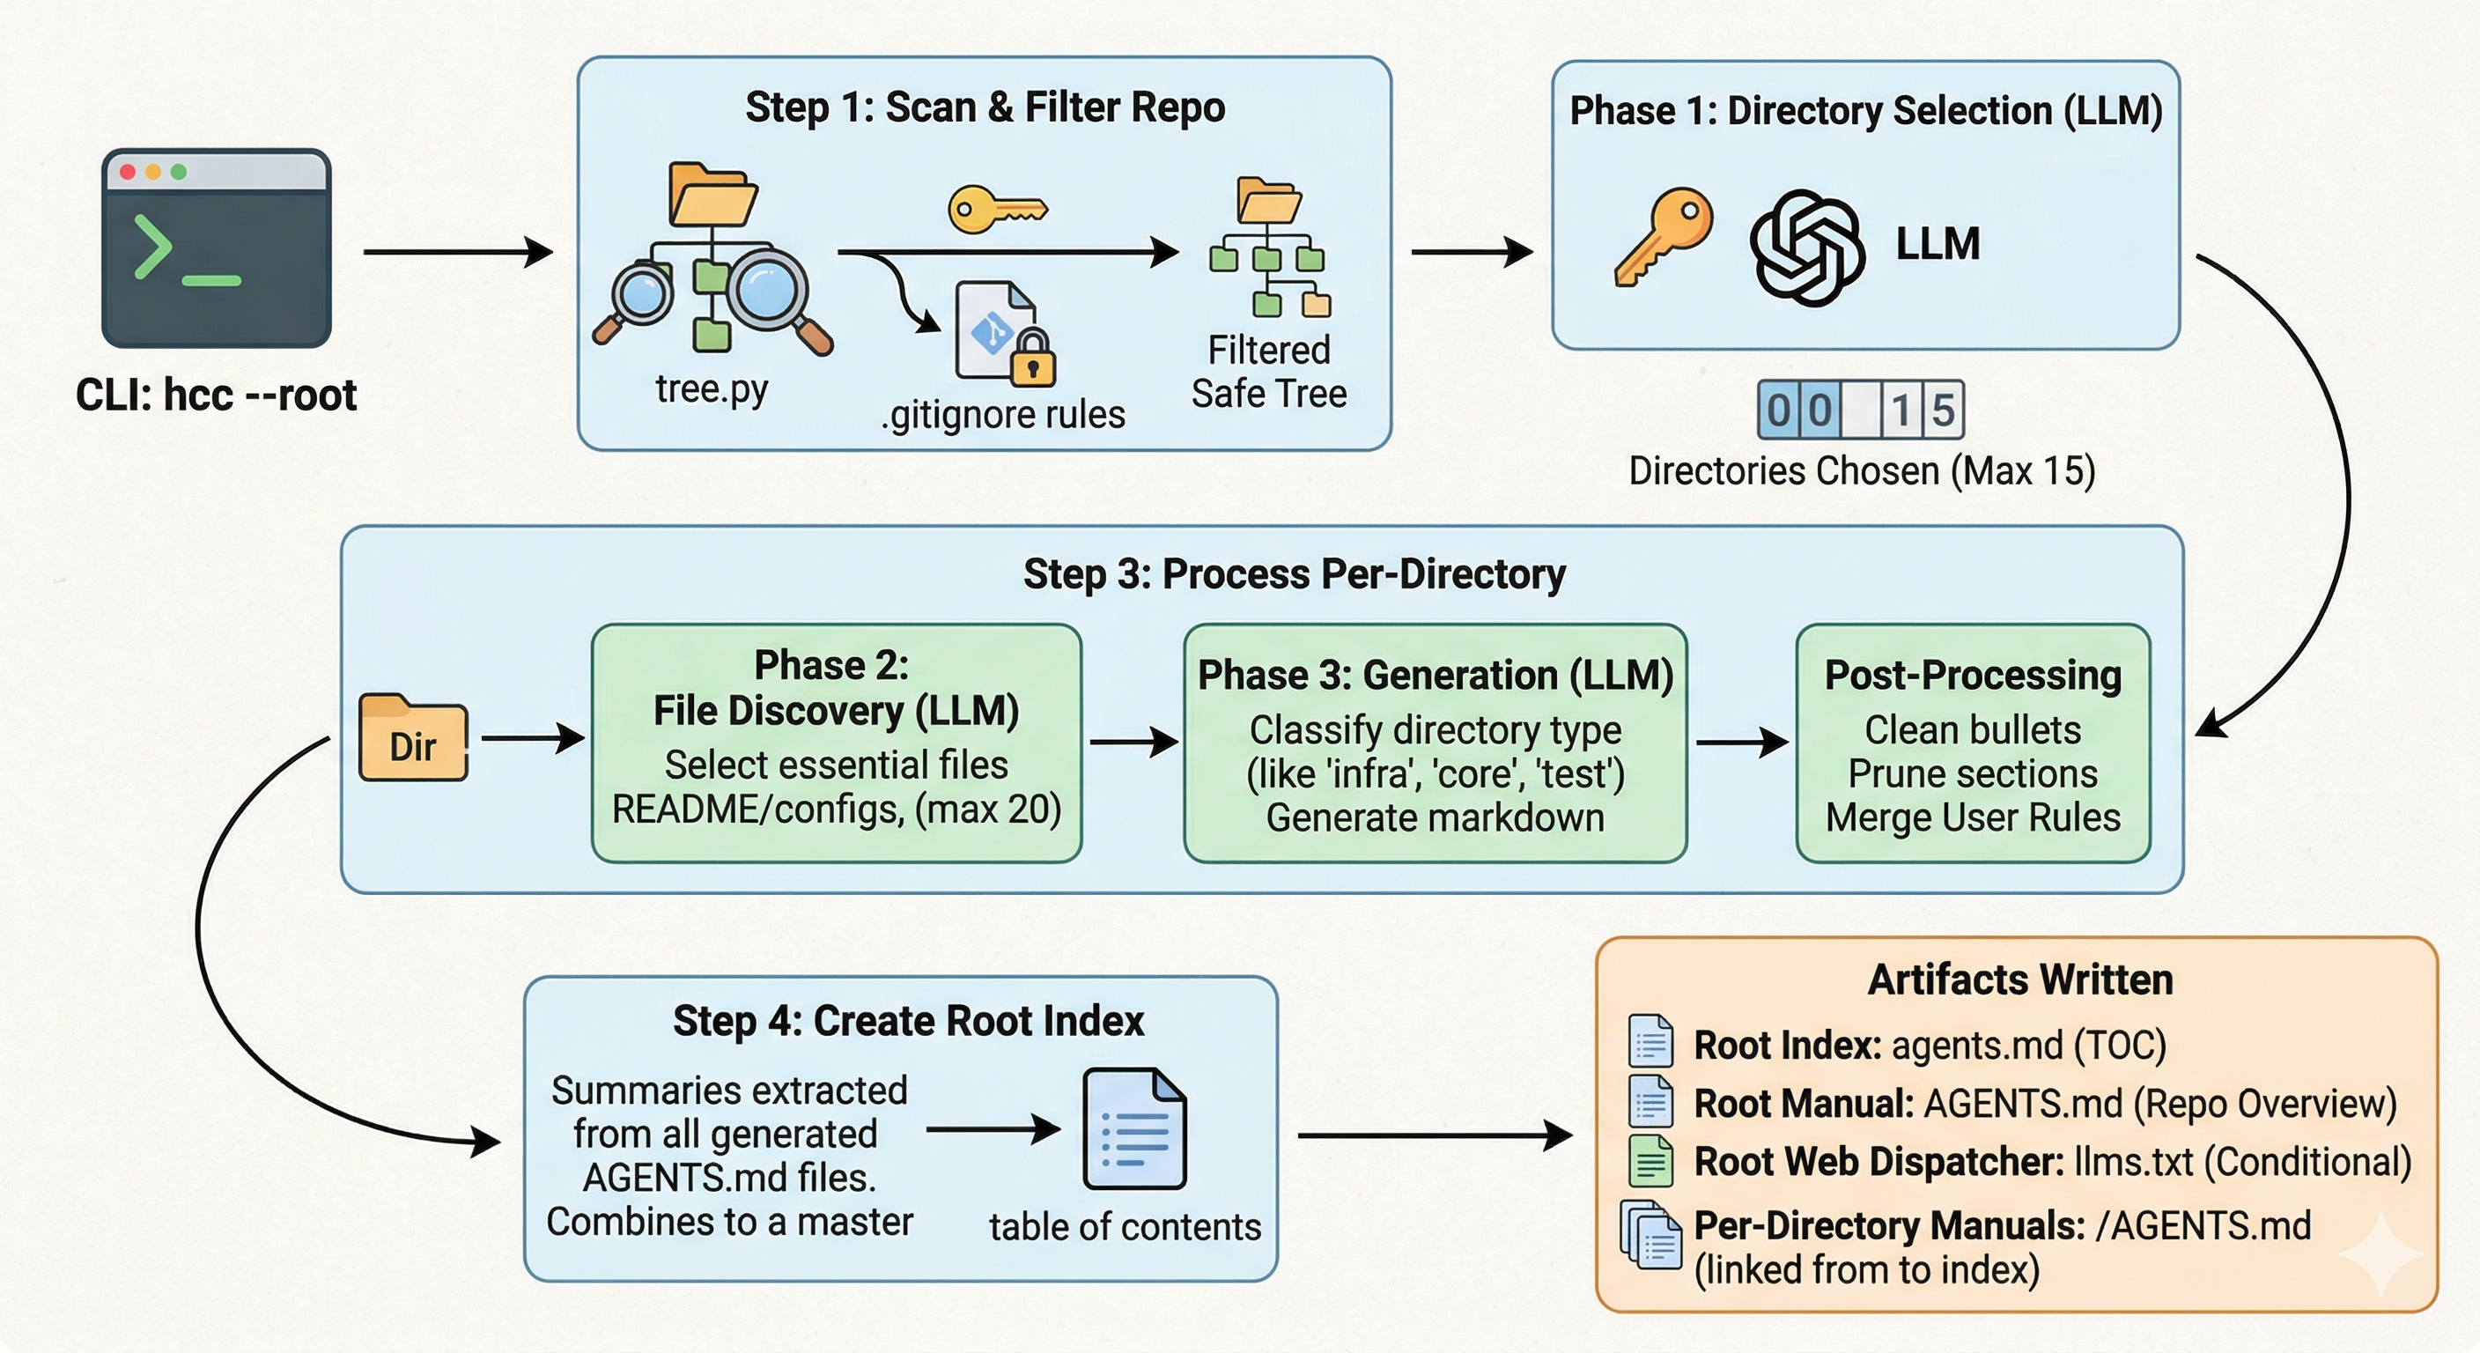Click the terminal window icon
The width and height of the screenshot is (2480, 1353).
(x=217, y=248)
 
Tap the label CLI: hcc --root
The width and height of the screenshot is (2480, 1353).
(x=217, y=395)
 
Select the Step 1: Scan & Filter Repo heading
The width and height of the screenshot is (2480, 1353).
(x=984, y=107)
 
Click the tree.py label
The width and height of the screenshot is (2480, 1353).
(x=712, y=389)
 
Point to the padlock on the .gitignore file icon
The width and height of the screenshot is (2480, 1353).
(x=1033, y=358)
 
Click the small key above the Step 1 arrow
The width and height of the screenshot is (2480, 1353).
(x=996, y=209)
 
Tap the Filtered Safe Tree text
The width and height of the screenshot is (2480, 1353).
(x=1268, y=372)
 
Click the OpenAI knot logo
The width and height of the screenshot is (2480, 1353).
(x=1807, y=247)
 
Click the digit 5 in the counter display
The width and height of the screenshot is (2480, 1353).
(x=1943, y=411)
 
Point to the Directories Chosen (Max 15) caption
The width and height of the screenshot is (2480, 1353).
(x=1861, y=471)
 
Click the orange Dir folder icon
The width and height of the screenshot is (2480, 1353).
(x=413, y=737)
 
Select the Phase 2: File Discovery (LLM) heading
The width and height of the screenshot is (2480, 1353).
(x=835, y=688)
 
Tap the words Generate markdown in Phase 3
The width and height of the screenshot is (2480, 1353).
(x=1435, y=817)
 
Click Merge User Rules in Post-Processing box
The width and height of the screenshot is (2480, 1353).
(x=1973, y=817)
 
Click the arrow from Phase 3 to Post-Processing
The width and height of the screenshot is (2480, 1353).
(x=1740, y=743)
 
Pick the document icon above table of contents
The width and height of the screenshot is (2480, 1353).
(x=1133, y=1128)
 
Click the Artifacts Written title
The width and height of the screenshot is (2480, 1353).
(x=2019, y=980)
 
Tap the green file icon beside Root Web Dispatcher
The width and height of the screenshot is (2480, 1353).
(x=1650, y=1160)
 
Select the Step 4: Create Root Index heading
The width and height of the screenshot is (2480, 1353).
(x=908, y=1021)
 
